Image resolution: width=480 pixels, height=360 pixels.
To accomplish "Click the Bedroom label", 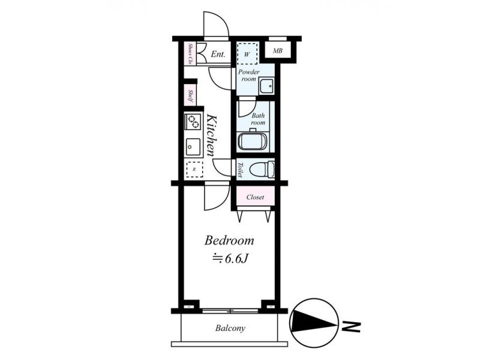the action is (229, 241).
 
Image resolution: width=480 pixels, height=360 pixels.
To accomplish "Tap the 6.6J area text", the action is (230, 259).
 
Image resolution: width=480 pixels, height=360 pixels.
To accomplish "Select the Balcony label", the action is (230, 328).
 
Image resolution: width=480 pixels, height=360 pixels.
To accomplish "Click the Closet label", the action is (256, 197).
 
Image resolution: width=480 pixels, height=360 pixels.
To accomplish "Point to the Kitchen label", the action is (212, 135).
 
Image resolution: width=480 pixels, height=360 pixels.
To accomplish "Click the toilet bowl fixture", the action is (262, 169).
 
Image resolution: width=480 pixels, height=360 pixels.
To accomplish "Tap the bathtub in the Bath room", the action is (253, 142).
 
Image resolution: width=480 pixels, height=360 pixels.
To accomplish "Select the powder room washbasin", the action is (266, 86).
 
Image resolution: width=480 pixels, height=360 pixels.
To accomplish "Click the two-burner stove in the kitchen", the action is (193, 121).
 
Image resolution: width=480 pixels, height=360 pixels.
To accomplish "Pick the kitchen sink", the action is (193, 148).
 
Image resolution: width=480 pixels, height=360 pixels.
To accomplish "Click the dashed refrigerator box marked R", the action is (194, 169).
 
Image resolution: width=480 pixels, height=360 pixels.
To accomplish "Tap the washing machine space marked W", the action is (247, 53).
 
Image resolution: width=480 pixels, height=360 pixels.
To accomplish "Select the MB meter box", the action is (278, 51).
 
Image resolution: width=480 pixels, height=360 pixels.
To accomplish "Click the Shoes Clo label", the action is (190, 53).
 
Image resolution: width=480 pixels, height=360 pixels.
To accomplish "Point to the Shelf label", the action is (190, 96).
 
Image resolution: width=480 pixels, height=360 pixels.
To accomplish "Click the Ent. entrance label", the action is (218, 55).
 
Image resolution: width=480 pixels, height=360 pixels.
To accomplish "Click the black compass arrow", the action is (316, 322).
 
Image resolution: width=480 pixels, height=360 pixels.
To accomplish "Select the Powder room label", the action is (249, 76).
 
